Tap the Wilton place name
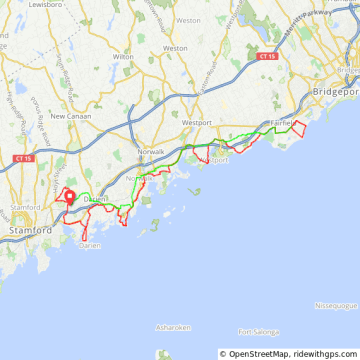(123, 57)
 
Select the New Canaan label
(71, 116)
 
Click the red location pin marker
(70, 196)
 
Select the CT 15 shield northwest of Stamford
(22, 157)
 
